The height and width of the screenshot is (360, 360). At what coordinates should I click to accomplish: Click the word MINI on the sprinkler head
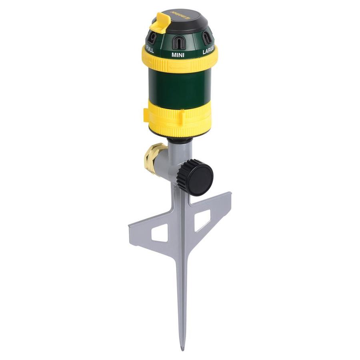pyautogui.click(x=178, y=54)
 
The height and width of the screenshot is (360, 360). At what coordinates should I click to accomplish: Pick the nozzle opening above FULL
pyautogui.click(x=153, y=38)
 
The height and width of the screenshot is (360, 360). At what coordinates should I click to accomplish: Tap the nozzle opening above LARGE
pyautogui.click(x=206, y=39)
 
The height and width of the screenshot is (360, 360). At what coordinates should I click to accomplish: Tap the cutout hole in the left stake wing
pyautogui.click(x=159, y=232)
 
